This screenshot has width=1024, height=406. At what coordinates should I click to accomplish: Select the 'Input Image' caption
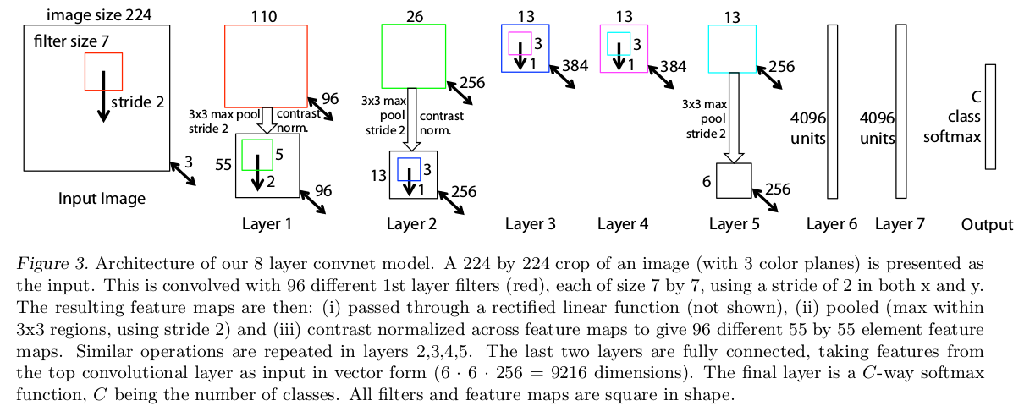[x=102, y=199]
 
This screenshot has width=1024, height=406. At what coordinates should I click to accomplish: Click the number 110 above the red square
[x=265, y=16]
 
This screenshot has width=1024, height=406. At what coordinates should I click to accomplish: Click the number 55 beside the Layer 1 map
[x=224, y=164]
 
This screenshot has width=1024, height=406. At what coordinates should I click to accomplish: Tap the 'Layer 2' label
[x=411, y=224]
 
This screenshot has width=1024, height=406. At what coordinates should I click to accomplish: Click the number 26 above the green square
[x=413, y=16]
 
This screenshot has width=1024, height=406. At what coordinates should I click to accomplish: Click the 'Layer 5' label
[x=734, y=224]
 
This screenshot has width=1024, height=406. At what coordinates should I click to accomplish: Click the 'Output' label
[x=987, y=224]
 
